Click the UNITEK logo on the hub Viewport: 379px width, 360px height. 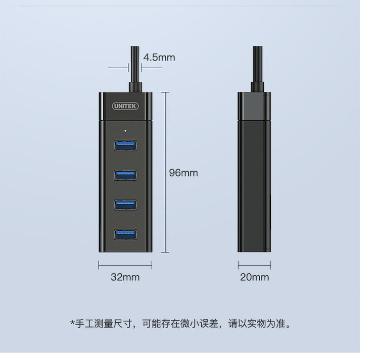tap(125, 106)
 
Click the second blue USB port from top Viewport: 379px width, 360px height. tap(125, 175)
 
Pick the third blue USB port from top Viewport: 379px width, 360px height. tap(125, 204)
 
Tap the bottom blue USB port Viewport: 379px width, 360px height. tap(125, 234)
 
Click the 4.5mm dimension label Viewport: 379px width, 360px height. tap(159, 57)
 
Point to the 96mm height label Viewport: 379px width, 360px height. tap(183, 173)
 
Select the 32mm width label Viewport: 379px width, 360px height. tap(125, 277)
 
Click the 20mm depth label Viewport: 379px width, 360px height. tap(254, 277)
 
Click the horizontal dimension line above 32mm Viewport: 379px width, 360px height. tap(125, 264)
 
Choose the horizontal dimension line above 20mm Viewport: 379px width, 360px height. tap(254, 264)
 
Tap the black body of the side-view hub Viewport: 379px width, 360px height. tap(254, 187)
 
